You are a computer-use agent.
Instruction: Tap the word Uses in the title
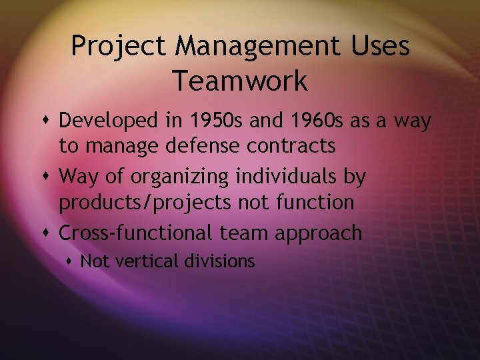point(383,47)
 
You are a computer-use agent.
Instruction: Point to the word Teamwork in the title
point(240,81)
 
